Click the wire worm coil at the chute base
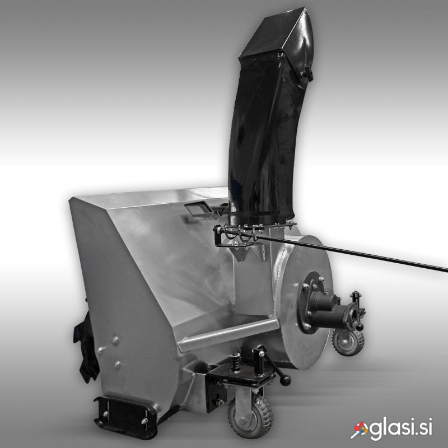click(x=240, y=232)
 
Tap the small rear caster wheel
click(x=348, y=342)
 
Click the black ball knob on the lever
click(x=286, y=380)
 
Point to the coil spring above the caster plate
click(x=235, y=363)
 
